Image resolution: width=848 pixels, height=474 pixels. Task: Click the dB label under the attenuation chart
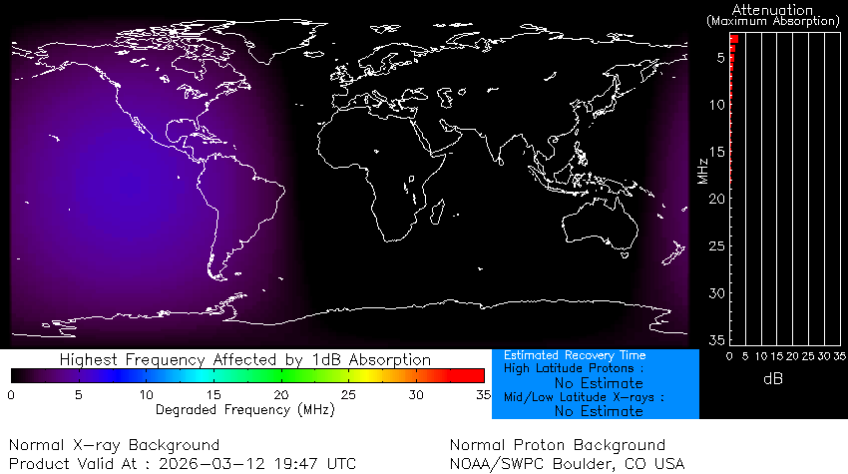772,378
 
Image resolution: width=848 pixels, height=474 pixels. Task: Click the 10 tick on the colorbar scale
146,395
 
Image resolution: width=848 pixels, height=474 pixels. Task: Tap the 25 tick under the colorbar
349,395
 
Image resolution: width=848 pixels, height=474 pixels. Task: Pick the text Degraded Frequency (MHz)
243,409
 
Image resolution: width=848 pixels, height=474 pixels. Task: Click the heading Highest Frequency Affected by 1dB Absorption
244,359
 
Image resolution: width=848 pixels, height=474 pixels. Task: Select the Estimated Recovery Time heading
575,355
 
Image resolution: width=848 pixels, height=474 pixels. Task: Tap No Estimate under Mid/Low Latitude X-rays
598,411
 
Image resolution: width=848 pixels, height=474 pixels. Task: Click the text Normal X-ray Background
114,444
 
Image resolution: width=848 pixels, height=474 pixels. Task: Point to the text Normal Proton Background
557,444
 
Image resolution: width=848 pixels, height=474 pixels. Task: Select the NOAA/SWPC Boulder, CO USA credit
567,463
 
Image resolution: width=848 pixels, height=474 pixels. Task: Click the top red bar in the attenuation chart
733,39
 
